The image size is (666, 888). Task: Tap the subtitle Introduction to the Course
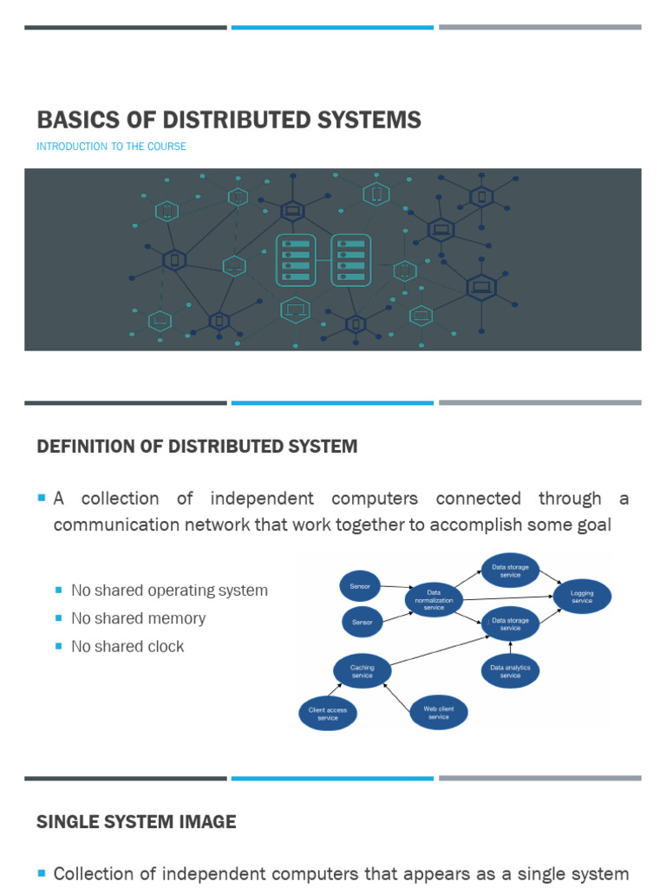pyautogui.click(x=111, y=147)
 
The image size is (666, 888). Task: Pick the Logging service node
pyautogui.click(x=582, y=597)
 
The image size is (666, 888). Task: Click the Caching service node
pyautogui.click(x=362, y=671)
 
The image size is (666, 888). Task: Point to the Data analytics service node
pyautogui.click(x=511, y=671)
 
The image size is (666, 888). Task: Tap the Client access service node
pyautogui.click(x=328, y=714)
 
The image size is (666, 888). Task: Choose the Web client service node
pyautogui.click(x=439, y=713)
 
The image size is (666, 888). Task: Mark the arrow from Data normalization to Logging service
pyautogui.click(x=508, y=597)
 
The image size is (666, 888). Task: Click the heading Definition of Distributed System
pyautogui.click(x=197, y=447)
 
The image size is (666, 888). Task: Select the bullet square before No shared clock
pyautogui.click(x=59, y=645)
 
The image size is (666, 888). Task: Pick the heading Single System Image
pyautogui.click(x=136, y=821)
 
